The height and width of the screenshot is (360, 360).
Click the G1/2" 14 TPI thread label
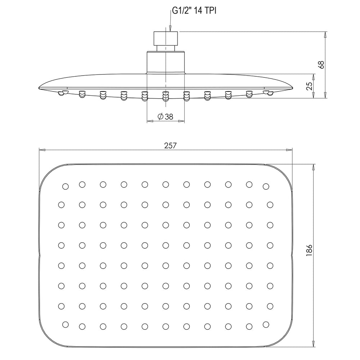point(194,11)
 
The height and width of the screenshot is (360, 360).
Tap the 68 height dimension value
point(321,64)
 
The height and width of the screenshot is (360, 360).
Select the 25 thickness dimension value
point(310,86)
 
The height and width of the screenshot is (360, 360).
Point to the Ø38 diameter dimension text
point(165,117)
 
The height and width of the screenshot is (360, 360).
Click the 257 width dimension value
point(170,145)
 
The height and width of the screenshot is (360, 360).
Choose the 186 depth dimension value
point(309,250)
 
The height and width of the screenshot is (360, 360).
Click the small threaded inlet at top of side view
point(166,38)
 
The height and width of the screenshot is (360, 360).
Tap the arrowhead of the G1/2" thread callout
point(170,28)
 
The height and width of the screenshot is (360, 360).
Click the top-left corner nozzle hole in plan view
point(66,186)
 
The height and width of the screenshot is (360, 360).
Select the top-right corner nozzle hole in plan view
point(266,186)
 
